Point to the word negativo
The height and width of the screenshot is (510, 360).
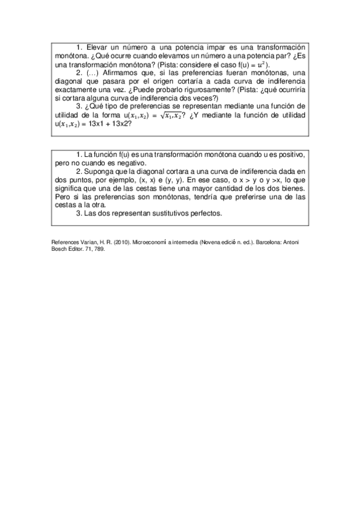tap(129, 163)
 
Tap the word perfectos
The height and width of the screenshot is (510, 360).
tap(204, 214)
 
